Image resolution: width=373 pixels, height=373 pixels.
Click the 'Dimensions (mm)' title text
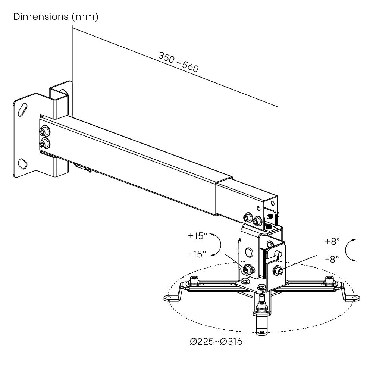(x=56, y=17)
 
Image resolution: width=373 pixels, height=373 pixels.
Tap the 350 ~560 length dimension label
(x=178, y=62)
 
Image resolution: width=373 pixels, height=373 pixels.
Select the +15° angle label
(x=197, y=236)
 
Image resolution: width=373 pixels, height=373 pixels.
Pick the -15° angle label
(x=197, y=254)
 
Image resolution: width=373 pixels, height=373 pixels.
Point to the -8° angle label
(x=332, y=259)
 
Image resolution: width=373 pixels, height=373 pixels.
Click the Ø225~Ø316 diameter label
(x=216, y=341)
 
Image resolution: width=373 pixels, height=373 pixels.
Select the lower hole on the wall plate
(x=22, y=163)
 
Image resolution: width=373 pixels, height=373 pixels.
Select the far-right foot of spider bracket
(x=355, y=298)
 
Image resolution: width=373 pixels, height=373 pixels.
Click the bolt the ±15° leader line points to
(x=247, y=269)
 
